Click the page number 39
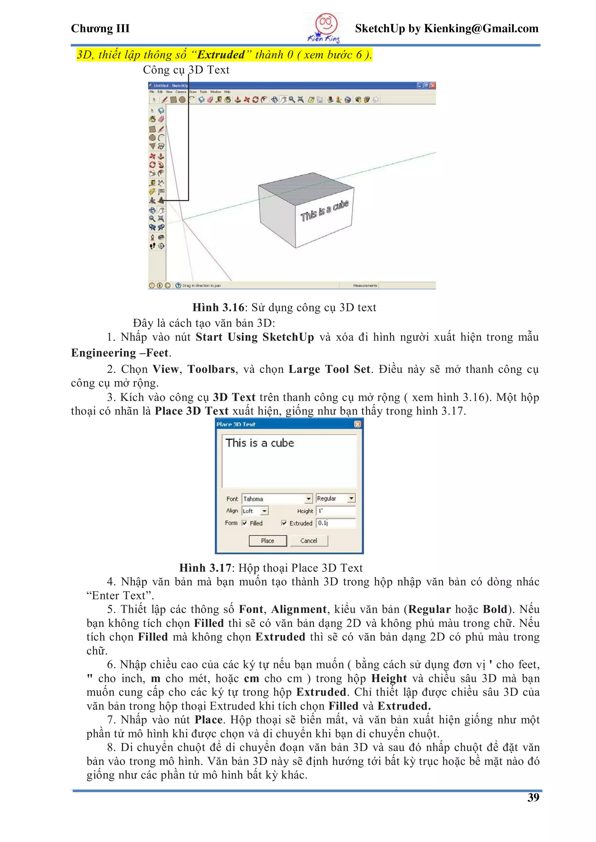tap(533, 797)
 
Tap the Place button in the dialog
tap(267, 541)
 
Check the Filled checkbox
tap(244, 523)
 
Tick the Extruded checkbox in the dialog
tap(284, 523)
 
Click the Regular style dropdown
tap(336, 498)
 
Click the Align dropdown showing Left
tap(255, 511)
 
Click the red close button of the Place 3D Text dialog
tap(357, 424)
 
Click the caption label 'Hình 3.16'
tap(218, 307)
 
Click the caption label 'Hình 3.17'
tap(205, 568)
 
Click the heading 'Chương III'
tap(100, 28)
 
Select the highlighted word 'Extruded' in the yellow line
tap(221, 55)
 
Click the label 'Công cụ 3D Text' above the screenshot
tap(186, 70)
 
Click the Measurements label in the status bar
tap(365, 285)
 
